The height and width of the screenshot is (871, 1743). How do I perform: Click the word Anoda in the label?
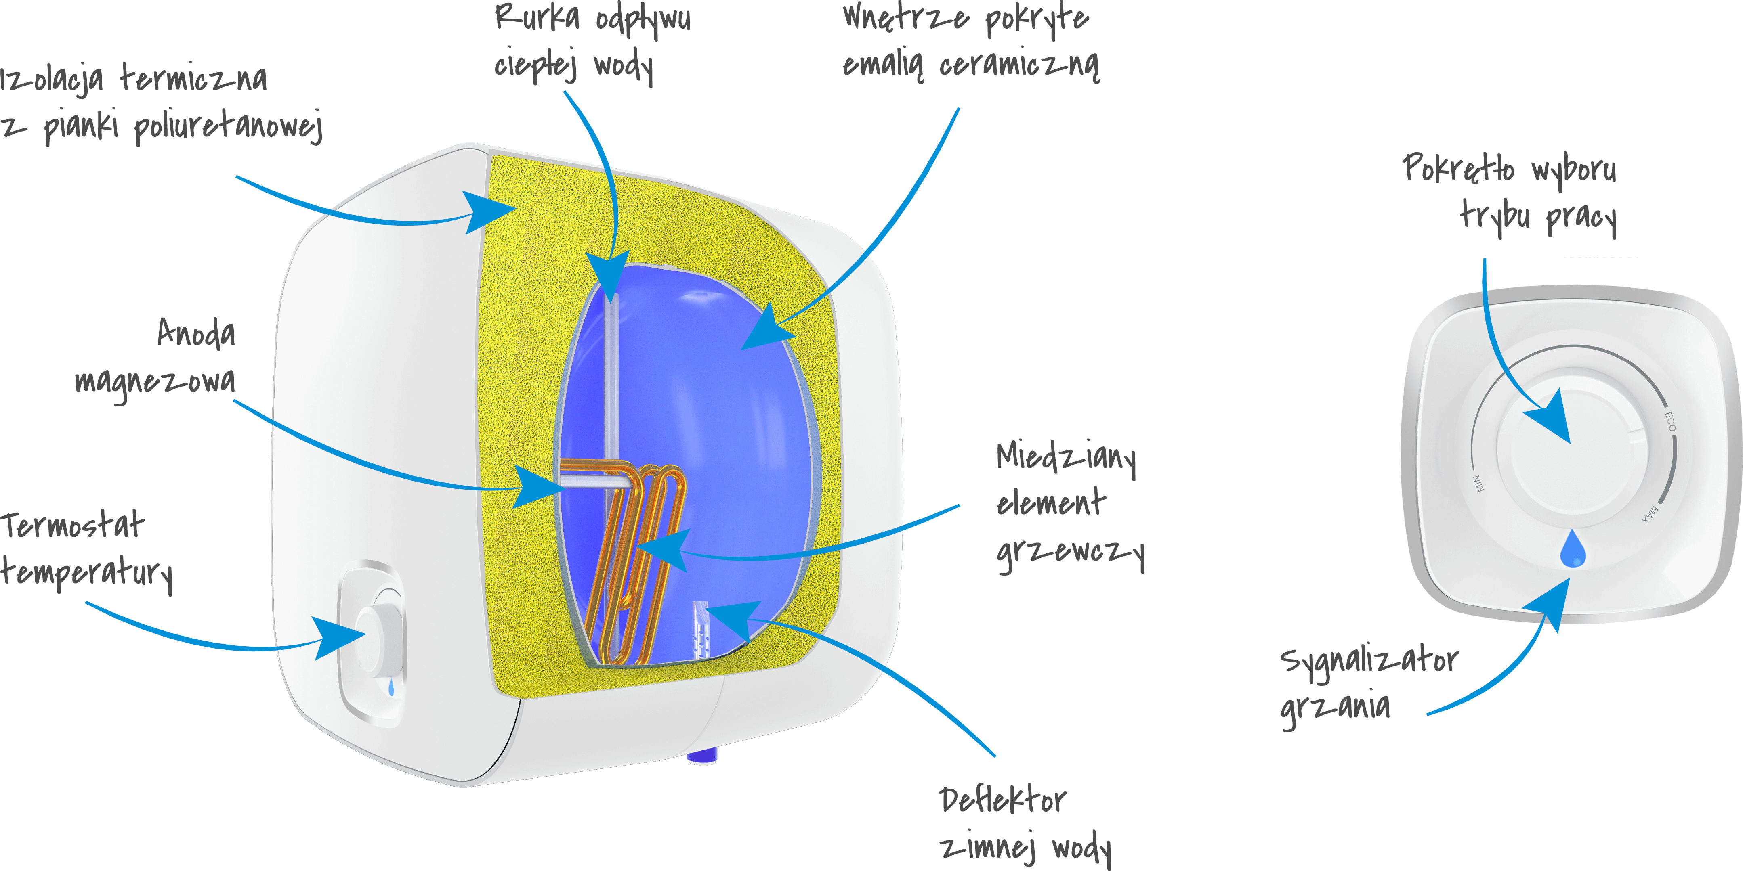(x=196, y=333)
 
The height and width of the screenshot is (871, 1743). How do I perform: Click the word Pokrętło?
(x=1458, y=168)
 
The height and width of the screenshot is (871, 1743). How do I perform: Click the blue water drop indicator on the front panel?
(x=1573, y=549)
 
